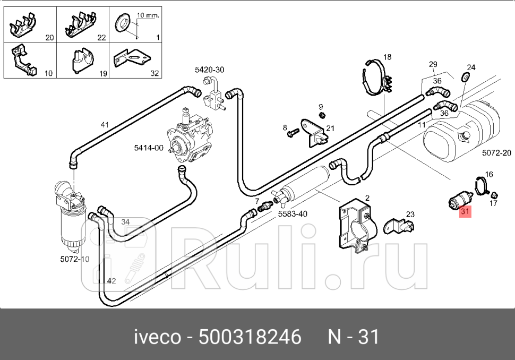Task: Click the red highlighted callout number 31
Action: tap(465, 212)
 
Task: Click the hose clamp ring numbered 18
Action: tap(376, 80)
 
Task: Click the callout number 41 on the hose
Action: tap(105, 125)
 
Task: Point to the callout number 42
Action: tap(111, 281)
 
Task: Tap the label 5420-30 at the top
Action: tap(209, 70)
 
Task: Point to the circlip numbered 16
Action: tap(482, 184)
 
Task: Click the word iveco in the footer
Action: tap(153, 337)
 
